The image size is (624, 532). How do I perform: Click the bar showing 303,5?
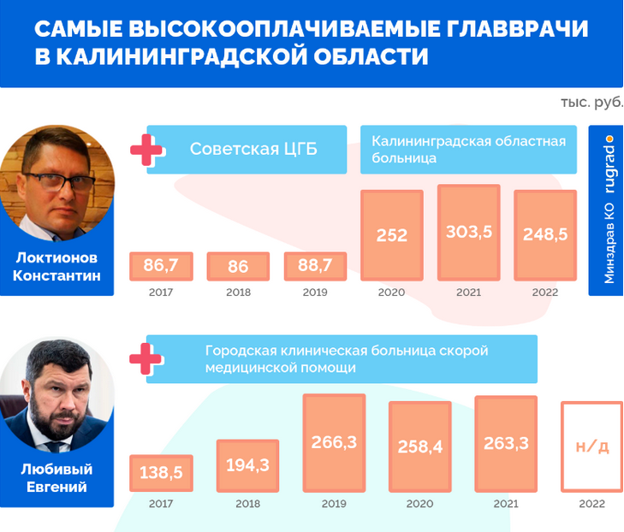point(468,232)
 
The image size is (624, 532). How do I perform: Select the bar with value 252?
point(392,235)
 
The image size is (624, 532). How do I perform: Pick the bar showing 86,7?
point(160,266)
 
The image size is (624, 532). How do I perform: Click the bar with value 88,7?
point(315,266)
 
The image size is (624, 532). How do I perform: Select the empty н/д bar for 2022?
point(591,446)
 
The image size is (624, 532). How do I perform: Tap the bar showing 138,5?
point(160,473)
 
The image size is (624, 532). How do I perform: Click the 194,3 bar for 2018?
point(247,465)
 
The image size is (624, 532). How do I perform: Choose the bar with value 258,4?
point(419,446)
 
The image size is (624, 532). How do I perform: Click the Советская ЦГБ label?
point(253,150)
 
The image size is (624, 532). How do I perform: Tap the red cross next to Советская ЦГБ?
point(146,150)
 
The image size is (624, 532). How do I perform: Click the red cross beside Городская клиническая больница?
point(146,359)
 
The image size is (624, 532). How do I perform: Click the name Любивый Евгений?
point(56,477)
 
